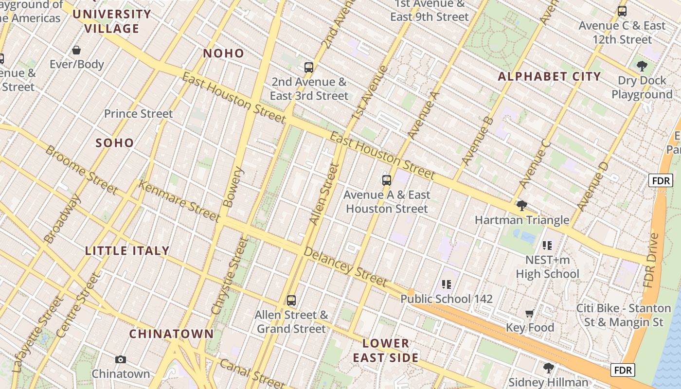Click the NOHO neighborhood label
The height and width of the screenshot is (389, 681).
[x=223, y=53]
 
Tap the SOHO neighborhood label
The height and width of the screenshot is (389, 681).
[x=115, y=143]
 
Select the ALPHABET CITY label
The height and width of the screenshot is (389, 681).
[x=549, y=77]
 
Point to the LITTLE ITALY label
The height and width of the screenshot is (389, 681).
[x=127, y=251]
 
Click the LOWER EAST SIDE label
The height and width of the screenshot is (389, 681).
[x=386, y=351]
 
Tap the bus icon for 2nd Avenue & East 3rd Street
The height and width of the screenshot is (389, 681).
[x=309, y=68]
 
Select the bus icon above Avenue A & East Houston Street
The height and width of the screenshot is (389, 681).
[x=387, y=180]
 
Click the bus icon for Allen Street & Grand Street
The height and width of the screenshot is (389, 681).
[x=291, y=301]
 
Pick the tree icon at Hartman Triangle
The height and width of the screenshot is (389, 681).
[x=521, y=206]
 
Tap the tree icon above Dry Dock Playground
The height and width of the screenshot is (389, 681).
[x=642, y=66]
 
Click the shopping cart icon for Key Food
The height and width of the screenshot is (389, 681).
[x=530, y=314]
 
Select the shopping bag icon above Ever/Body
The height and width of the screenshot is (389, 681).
[x=76, y=50]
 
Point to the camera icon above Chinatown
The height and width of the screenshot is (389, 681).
[x=121, y=360]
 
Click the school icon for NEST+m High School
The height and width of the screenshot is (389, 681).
[x=547, y=246]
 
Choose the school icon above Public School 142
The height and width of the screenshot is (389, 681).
[x=447, y=284]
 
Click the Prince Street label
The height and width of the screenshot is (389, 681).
[x=139, y=114]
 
